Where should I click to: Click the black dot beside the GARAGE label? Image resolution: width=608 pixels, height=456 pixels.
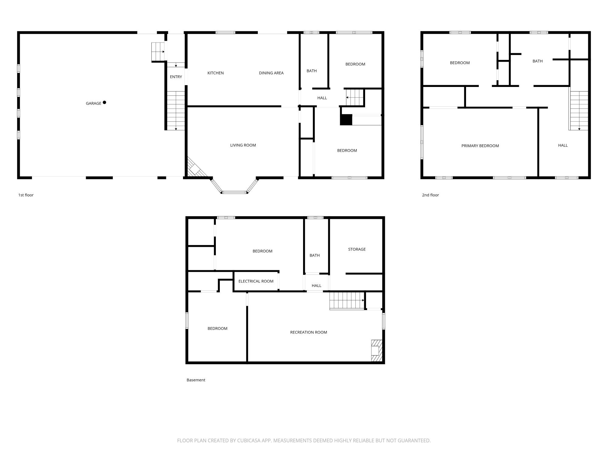[x=104, y=102]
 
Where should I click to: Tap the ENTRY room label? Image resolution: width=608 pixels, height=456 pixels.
[x=176, y=77]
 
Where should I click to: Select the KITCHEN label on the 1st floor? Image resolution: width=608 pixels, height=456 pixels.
[x=216, y=73]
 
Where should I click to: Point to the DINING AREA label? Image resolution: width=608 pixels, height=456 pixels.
[x=271, y=73]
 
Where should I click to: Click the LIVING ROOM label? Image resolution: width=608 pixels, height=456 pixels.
[x=243, y=145]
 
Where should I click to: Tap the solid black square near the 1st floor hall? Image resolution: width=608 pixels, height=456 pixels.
[x=346, y=120]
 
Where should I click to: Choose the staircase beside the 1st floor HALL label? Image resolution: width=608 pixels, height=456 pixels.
[x=355, y=97]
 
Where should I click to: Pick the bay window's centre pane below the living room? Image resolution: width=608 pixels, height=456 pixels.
[x=234, y=192]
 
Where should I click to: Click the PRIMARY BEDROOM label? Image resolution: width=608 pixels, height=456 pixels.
[x=480, y=146]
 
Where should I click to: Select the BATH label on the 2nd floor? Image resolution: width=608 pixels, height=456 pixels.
[x=537, y=61]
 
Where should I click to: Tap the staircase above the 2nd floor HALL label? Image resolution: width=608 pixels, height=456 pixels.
[x=579, y=111]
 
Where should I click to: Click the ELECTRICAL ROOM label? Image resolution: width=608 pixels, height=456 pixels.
[x=256, y=281]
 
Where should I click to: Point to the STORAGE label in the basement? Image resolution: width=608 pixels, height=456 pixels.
[x=357, y=249]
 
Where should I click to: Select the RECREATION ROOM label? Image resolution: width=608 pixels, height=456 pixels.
[x=308, y=332]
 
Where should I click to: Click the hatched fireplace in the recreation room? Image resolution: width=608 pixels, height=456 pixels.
[x=376, y=351]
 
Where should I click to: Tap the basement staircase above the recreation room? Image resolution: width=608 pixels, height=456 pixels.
[x=347, y=300]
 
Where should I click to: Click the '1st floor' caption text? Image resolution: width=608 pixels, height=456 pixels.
[x=26, y=195]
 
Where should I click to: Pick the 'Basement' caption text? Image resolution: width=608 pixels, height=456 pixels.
[x=196, y=380]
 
